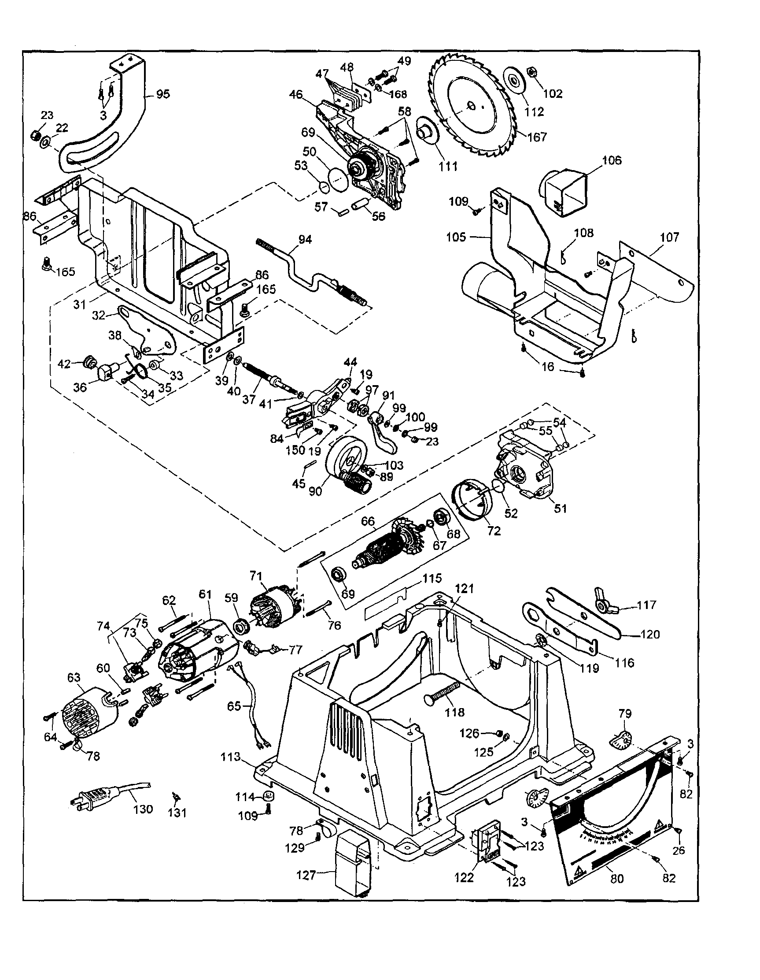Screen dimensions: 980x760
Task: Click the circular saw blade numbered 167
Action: pos(471,108)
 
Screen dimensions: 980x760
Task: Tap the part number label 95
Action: pos(163,94)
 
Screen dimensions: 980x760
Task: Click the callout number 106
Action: pos(612,161)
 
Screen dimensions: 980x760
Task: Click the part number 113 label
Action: pos(231,757)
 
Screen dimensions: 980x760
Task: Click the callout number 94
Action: pos(305,240)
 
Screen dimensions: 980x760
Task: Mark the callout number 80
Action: pos(617,879)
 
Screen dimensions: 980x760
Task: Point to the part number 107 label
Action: pos(670,237)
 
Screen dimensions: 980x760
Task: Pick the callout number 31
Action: pos(79,304)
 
